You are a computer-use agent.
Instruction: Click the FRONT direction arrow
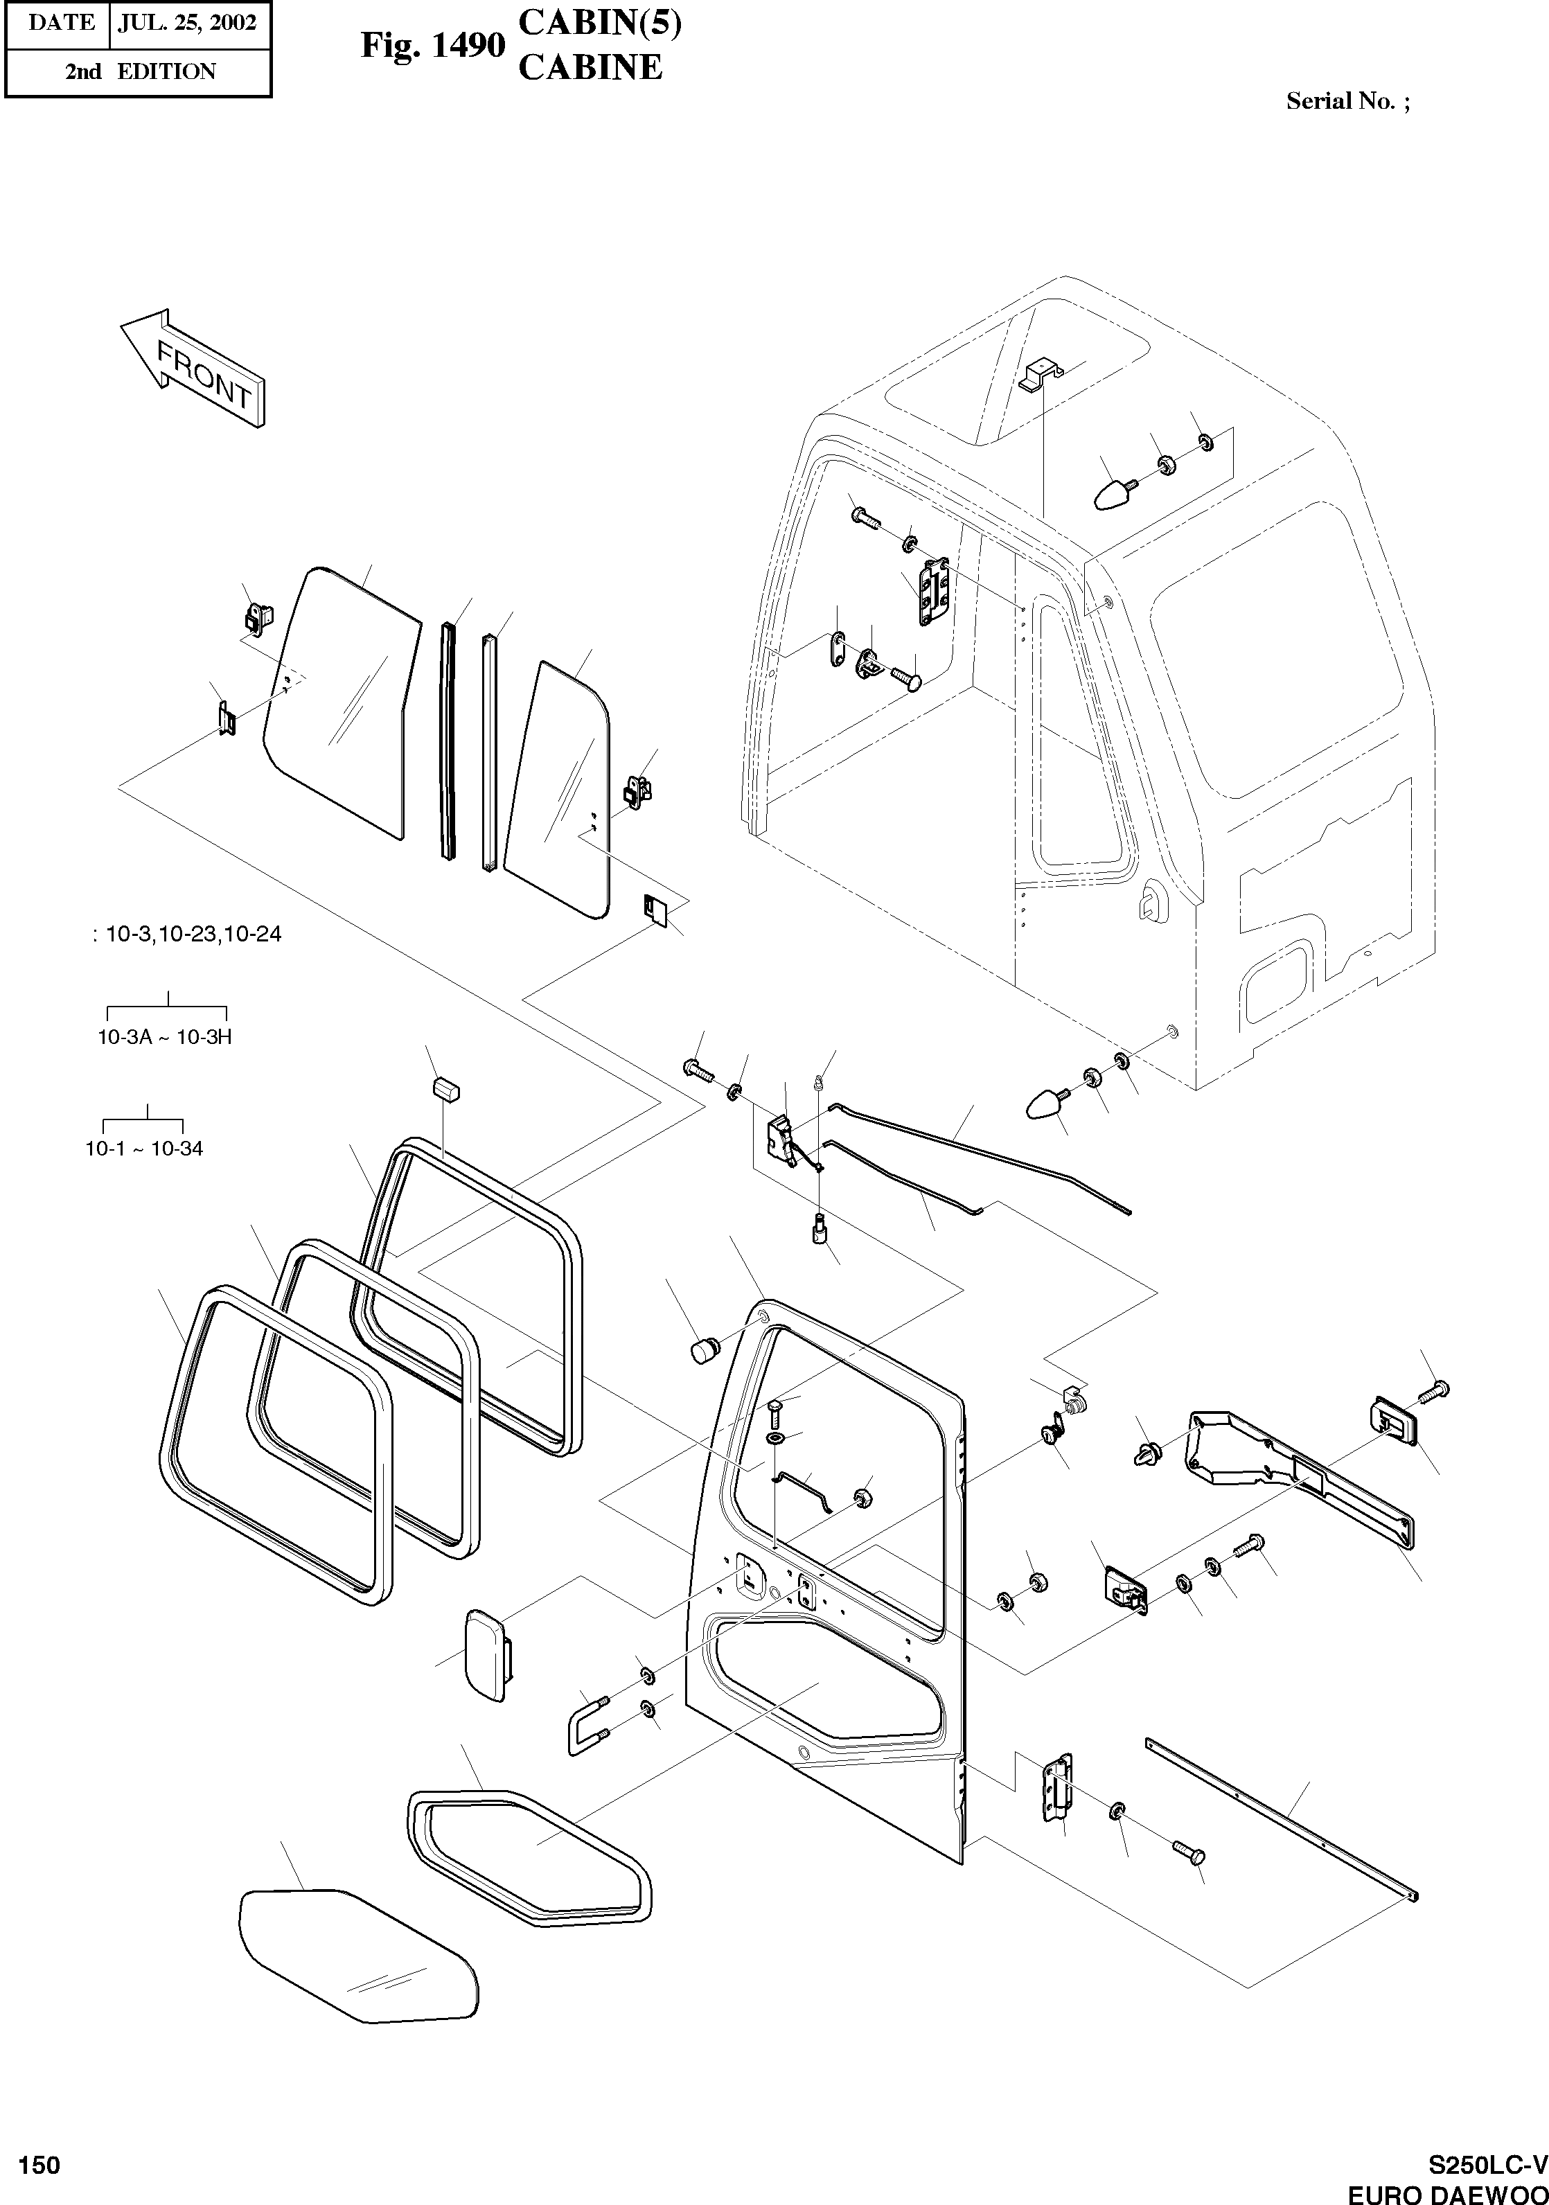pos(192,367)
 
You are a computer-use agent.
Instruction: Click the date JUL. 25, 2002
pos(186,23)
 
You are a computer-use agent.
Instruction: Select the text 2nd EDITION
pos(140,72)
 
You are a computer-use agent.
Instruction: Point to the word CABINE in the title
pos(590,67)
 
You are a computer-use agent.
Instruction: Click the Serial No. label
pos(1347,101)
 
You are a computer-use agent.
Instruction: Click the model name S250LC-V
pos(1487,2166)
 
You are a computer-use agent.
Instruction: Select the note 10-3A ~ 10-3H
pos(165,1037)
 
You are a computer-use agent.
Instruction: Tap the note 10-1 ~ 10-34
pos(144,1149)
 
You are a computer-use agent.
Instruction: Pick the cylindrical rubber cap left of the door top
pos(706,1350)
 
